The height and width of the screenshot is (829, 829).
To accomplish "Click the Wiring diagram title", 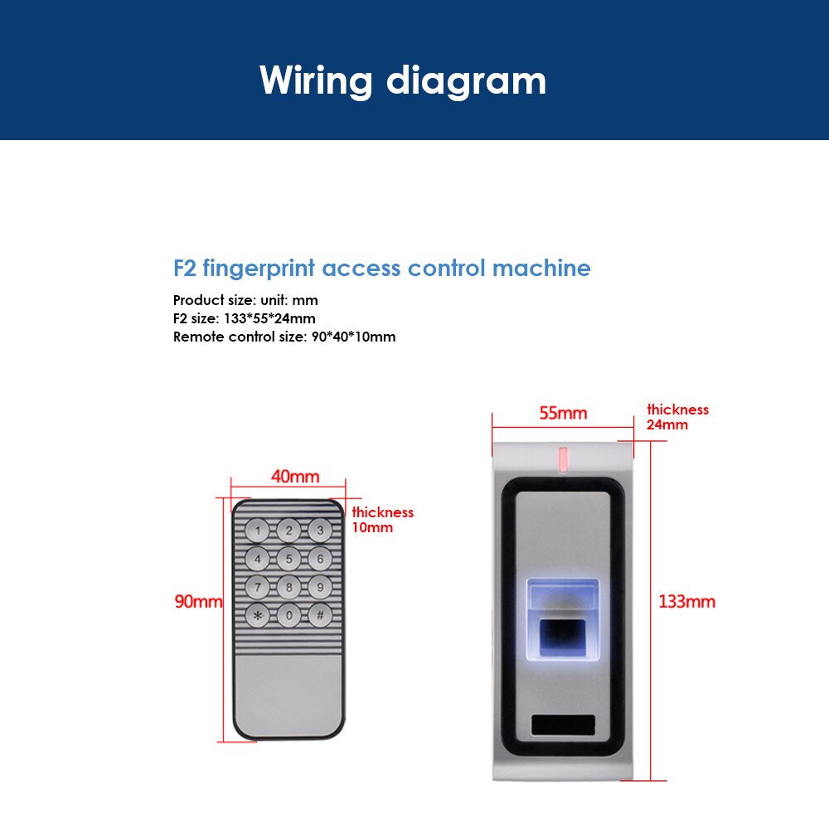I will tap(403, 80).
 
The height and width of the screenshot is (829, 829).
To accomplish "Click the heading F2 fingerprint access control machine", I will tap(381, 269).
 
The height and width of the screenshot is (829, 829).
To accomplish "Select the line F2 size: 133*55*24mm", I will tap(244, 318).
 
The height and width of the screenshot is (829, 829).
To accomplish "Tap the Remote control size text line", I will tap(284, 337).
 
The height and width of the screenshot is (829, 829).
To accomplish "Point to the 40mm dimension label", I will tap(295, 477).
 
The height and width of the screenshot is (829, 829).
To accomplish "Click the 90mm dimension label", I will tap(198, 601).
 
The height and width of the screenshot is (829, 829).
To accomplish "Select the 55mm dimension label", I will tap(563, 413).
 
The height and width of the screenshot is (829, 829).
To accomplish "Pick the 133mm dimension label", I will tap(686, 601).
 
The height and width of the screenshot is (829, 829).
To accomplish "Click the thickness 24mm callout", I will tap(677, 417).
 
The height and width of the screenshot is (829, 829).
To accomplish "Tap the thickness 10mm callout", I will tap(382, 520).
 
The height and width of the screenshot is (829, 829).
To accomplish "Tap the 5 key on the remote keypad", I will tap(288, 559).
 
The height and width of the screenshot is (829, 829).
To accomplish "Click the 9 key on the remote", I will tap(319, 588).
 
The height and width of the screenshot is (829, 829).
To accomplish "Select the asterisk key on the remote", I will tap(258, 616).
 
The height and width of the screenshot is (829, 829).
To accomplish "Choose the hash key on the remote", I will tap(319, 616).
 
